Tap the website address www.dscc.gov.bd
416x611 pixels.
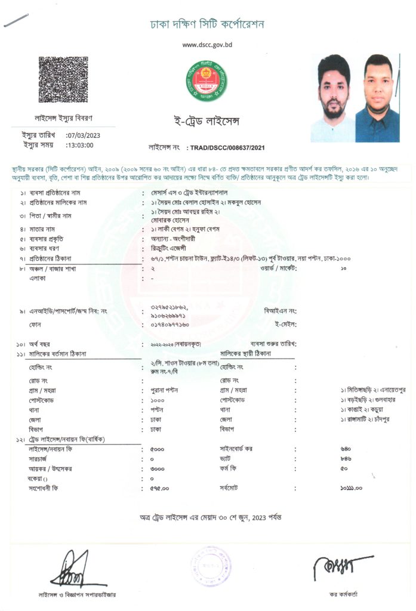tap(207, 45)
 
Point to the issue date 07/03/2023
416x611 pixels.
tap(83, 135)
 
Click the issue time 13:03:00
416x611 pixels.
tap(80, 144)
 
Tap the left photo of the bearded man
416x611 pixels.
tap(332, 98)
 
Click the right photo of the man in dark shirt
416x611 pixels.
tap(377, 98)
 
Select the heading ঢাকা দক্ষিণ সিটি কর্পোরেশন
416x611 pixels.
tap(207, 24)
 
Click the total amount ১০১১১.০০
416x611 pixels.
tap(351, 488)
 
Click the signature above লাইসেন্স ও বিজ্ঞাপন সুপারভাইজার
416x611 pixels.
tap(70, 570)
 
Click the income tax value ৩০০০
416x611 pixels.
tap(158, 468)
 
